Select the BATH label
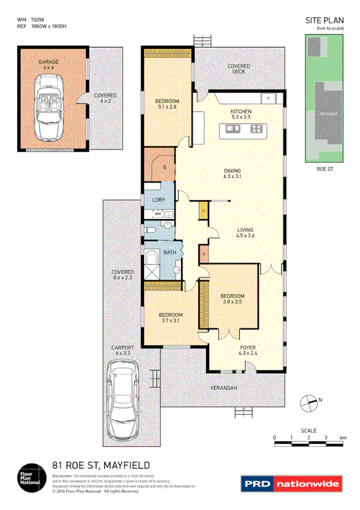tap(169, 253)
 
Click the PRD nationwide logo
tap(292, 483)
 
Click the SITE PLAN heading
tap(325, 20)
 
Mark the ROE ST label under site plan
tap(325, 170)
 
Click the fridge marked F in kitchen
tap(269, 97)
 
